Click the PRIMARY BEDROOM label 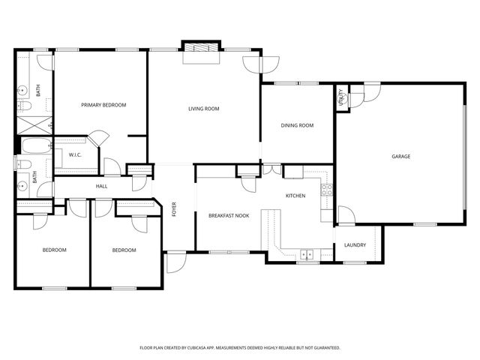pos(103,105)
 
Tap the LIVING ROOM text pos(203,109)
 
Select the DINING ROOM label pos(297,125)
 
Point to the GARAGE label pos(400,156)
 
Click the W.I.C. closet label pos(75,155)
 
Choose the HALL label pos(102,186)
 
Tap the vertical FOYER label pos(174,209)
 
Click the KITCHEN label pos(295,196)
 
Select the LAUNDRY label pos(355,245)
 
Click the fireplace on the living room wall pos(201,47)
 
